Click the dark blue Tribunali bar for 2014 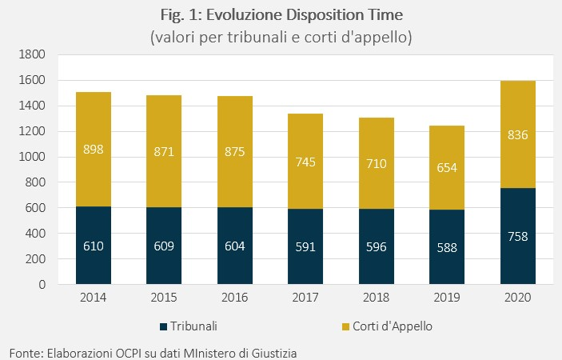(94, 246)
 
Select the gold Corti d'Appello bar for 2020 (518, 134)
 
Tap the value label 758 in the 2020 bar (518, 236)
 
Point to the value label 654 (447, 167)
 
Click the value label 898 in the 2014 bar (94, 149)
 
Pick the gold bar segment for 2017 (305, 162)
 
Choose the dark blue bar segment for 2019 (447, 247)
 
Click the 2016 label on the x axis (235, 298)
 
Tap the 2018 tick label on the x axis (377, 298)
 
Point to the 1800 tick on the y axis (32, 54)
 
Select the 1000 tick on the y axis (32, 157)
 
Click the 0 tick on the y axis (42, 284)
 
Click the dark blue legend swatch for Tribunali (163, 326)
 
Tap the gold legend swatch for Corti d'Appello (345, 326)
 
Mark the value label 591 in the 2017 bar (305, 246)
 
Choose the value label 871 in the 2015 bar (164, 152)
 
